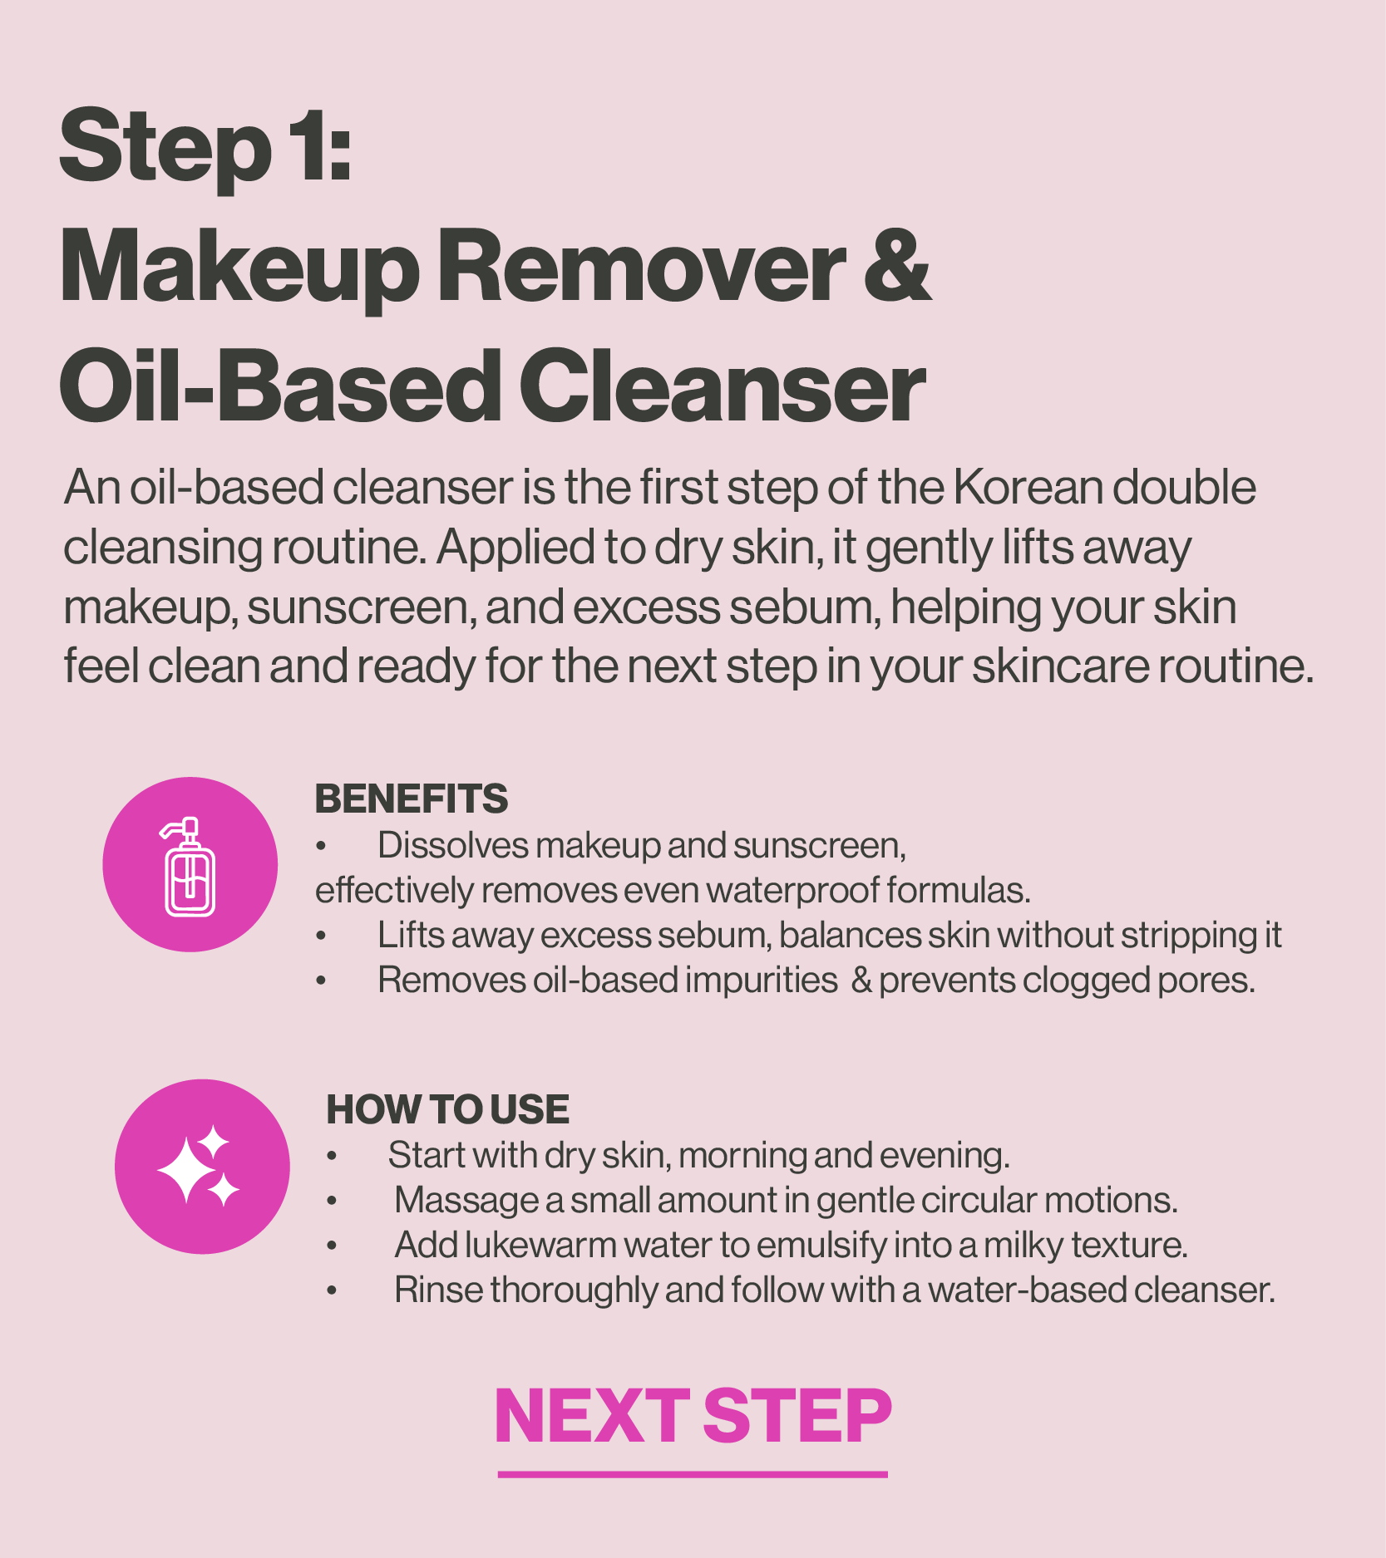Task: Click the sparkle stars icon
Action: [x=199, y=1165]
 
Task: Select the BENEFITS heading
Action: [x=411, y=799]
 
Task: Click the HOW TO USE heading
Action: [x=447, y=1109]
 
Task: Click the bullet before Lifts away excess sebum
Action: [x=321, y=936]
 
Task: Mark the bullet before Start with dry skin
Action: [x=332, y=1157]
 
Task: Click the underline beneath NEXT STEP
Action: [x=693, y=1474]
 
